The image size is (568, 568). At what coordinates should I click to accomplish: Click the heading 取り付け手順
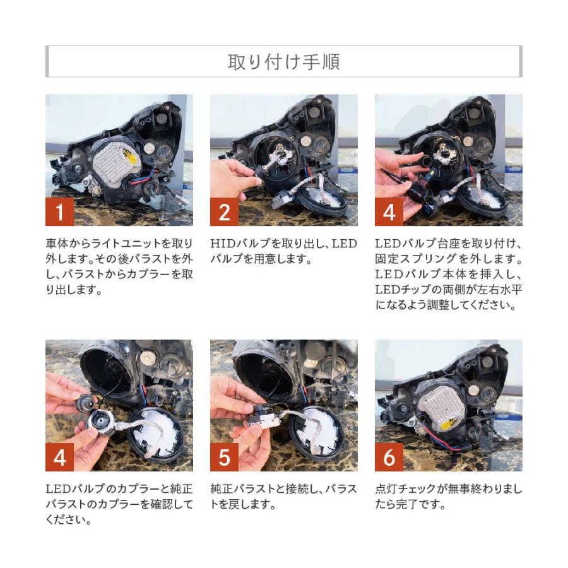click(283, 62)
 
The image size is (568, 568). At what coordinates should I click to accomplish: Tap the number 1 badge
click(60, 211)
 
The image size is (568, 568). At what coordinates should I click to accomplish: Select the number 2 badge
click(225, 211)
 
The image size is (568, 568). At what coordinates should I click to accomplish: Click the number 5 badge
click(225, 457)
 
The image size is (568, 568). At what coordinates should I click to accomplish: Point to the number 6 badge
click(389, 457)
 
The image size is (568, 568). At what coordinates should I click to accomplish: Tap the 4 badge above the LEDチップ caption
click(389, 211)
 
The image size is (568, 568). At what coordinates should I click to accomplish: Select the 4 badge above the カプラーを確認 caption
click(60, 457)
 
